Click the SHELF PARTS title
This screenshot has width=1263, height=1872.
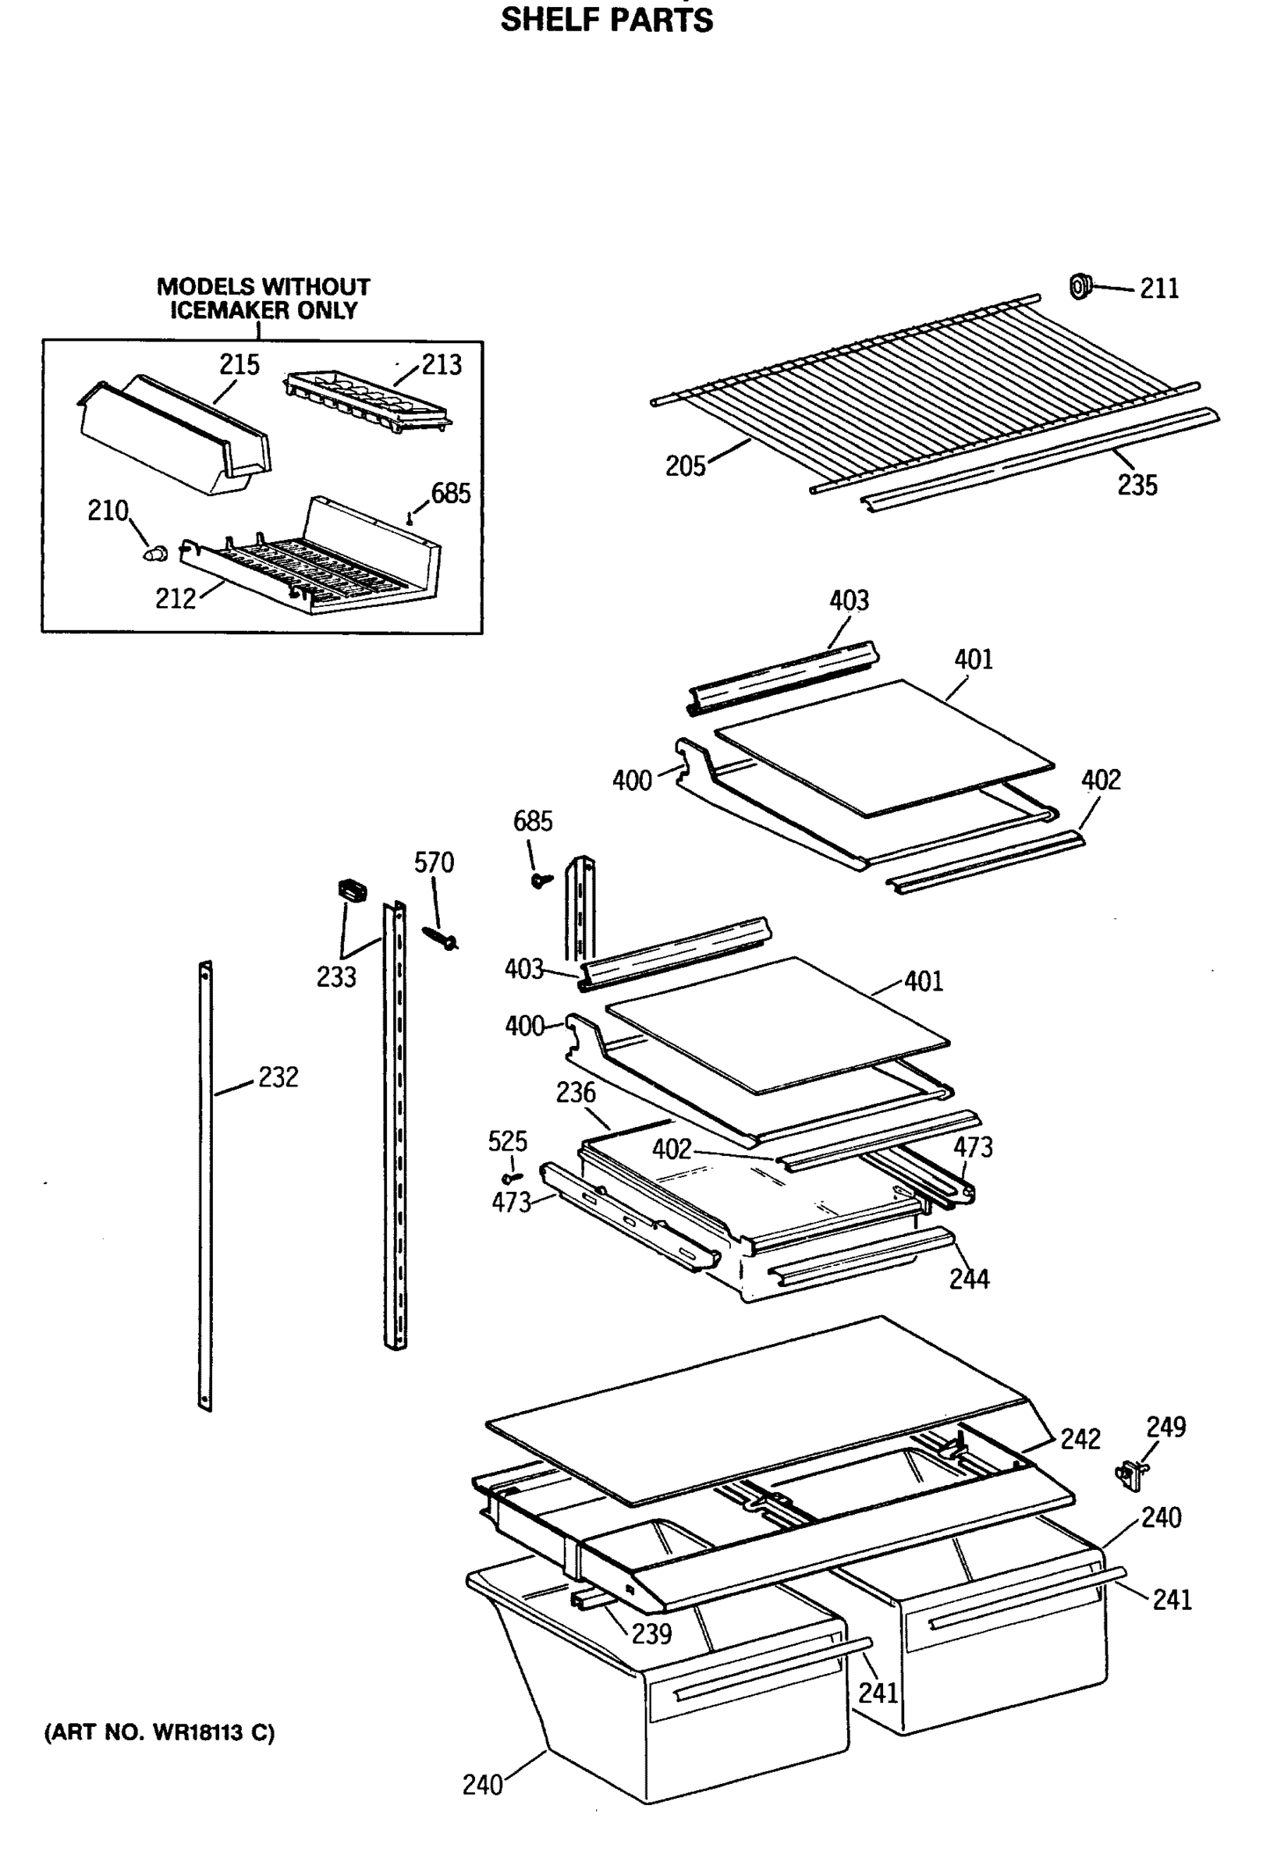click(606, 19)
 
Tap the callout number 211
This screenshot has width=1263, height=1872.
click(1159, 289)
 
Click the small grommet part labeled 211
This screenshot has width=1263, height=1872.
click(1080, 285)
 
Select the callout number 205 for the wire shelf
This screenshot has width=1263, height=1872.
click(685, 466)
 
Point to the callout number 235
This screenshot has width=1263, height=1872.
click(1137, 485)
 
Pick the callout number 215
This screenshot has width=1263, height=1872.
click(239, 365)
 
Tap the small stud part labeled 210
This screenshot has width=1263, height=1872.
click(156, 553)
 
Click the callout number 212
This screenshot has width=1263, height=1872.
click(176, 599)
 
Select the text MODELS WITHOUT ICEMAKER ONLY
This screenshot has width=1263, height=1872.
click(264, 299)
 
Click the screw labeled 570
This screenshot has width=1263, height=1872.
click(441, 938)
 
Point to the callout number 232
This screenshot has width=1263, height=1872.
click(278, 1077)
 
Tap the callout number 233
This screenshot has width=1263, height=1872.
click(336, 977)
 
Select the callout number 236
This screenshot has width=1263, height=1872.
click(575, 1093)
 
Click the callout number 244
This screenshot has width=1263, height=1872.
click(969, 1278)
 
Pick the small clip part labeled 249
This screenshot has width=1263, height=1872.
click(1131, 1473)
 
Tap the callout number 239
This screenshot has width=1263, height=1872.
click(651, 1633)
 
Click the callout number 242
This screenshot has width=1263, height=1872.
click(1080, 1439)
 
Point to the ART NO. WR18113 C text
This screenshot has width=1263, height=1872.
click(158, 1732)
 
